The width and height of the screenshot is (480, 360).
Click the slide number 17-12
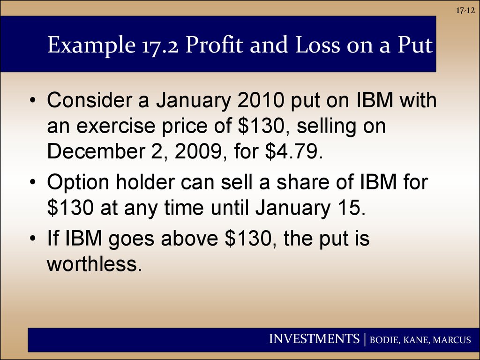465,11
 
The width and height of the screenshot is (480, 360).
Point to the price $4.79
294,151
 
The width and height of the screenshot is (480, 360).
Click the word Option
78,183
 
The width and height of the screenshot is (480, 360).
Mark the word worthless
94,263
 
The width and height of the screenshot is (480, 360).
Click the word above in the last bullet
189,238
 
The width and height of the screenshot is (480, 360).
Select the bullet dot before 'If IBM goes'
33,238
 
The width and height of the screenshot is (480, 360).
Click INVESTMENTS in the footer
314,339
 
